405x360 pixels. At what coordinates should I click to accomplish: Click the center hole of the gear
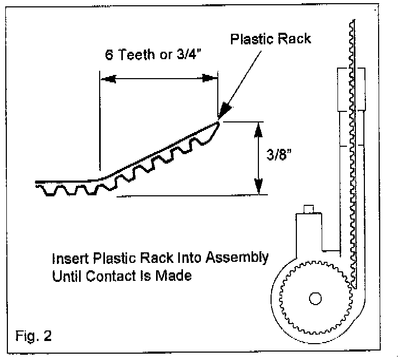315,299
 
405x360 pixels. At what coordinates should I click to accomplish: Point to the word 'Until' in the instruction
64,276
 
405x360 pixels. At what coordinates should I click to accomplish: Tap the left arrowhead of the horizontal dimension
107,79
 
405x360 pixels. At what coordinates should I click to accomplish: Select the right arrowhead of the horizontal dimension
211,79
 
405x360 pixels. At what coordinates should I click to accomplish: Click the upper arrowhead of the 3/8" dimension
258,129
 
